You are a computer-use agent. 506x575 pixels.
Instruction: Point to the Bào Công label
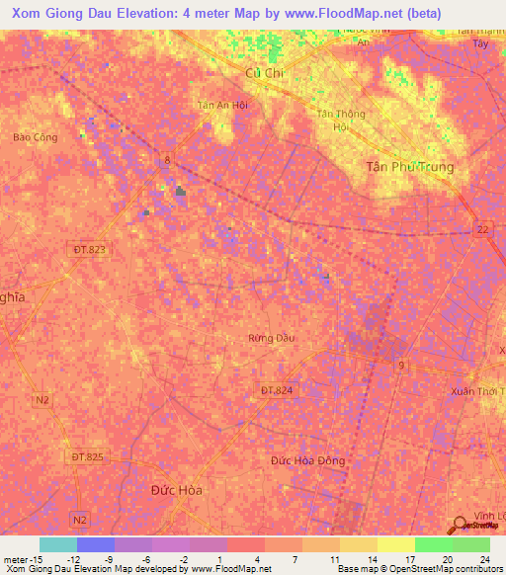[x=31, y=137]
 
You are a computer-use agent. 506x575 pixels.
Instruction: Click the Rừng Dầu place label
[x=271, y=338]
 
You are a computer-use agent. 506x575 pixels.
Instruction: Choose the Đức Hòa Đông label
[x=307, y=460]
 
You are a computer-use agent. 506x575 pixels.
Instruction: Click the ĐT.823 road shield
[x=89, y=250]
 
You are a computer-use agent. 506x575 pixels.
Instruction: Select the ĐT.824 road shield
[x=276, y=390]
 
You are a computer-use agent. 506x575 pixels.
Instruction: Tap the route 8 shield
[x=168, y=159]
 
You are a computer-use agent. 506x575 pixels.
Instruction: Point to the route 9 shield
[x=401, y=367]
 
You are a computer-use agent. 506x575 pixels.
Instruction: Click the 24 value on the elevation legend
[x=484, y=559]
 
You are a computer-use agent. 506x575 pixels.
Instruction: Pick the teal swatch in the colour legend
[x=57, y=544]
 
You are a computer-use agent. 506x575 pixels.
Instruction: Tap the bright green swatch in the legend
[x=433, y=544]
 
